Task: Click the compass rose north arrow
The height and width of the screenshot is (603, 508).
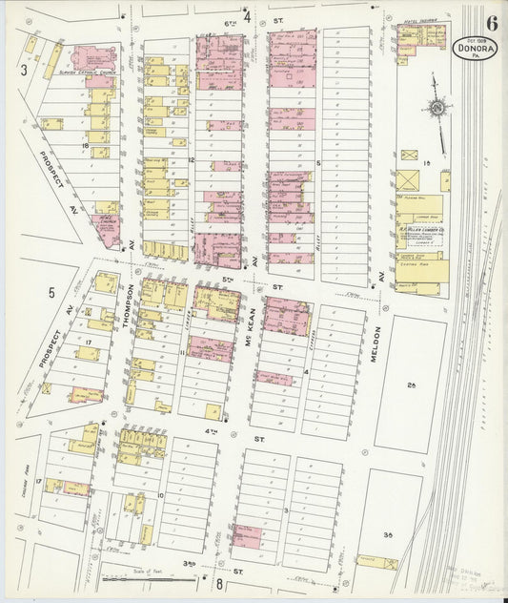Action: [437, 111]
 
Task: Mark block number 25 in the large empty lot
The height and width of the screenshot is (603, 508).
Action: [412, 385]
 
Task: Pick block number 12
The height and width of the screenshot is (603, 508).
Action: [191, 158]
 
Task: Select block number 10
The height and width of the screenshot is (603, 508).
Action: [161, 494]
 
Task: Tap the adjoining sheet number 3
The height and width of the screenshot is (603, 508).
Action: [23, 69]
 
